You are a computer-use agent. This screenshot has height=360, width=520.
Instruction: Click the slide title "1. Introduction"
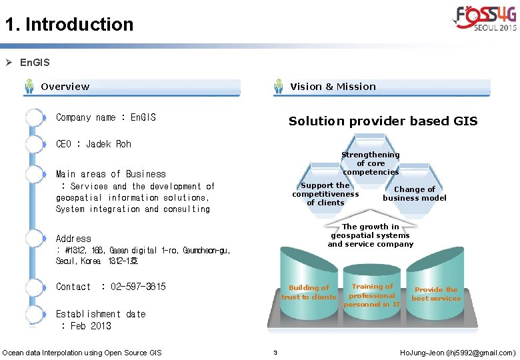tap(69, 25)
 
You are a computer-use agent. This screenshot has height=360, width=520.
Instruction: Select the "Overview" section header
tap(65, 87)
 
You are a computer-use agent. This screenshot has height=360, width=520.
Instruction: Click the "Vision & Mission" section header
tap(333, 87)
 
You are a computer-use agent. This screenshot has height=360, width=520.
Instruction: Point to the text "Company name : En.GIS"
tap(106, 117)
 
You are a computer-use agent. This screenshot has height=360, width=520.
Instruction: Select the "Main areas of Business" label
tap(111, 174)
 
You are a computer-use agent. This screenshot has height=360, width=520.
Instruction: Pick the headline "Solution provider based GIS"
tap(383, 121)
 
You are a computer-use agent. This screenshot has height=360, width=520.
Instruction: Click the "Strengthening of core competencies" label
tap(371, 163)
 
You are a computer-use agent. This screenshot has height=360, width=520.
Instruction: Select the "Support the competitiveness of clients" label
tap(325, 194)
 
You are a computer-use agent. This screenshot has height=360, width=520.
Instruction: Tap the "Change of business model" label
tap(415, 193)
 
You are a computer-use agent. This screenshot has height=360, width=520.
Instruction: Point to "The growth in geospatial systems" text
tap(370, 235)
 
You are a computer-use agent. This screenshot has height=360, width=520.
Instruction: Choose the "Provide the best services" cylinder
tap(436, 294)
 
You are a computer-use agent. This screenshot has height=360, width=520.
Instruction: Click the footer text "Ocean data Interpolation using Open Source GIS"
tap(82, 352)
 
